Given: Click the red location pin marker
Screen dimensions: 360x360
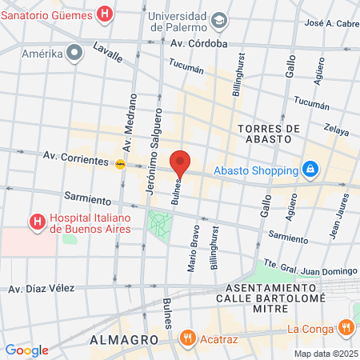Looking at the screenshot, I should [x=181, y=162].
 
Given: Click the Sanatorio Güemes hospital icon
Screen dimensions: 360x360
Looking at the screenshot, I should [x=104, y=14].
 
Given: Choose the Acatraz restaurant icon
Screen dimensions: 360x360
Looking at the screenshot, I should [x=187, y=337].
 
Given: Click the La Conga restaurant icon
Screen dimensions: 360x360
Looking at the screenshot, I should [x=346, y=326].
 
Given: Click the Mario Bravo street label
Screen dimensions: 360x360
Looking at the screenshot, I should [x=193, y=249].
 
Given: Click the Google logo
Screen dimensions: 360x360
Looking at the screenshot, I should [x=26, y=350].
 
